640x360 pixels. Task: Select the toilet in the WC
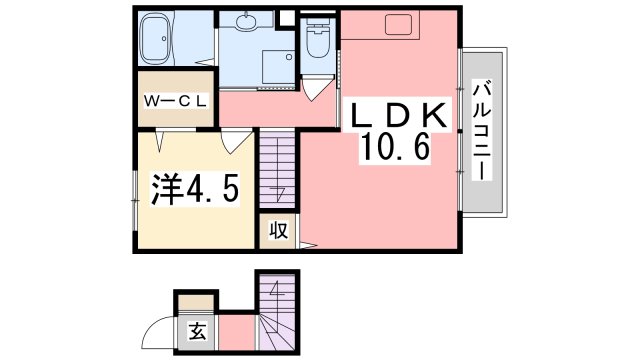point(319,42)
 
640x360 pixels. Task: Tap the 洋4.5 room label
point(195,188)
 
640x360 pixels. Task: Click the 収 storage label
point(278,232)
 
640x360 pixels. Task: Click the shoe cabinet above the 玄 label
point(196,300)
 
